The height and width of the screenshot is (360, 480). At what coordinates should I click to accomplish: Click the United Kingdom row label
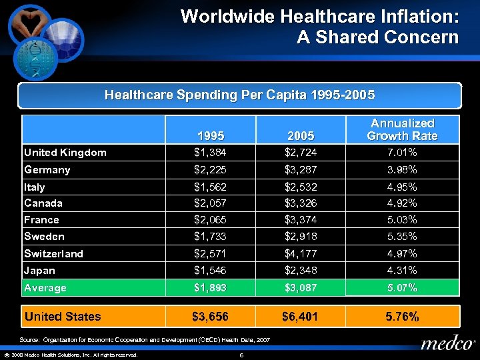(x=65, y=153)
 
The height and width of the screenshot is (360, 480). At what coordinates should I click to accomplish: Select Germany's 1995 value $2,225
(x=210, y=169)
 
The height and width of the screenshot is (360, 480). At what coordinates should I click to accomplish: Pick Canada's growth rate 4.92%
(x=402, y=203)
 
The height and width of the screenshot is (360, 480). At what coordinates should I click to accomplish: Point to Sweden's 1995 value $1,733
(x=210, y=237)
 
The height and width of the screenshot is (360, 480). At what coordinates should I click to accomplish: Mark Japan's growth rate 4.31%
(x=402, y=271)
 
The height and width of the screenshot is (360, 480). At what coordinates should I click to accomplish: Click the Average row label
(x=45, y=288)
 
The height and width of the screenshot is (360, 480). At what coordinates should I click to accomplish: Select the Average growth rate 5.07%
(x=402, y=288)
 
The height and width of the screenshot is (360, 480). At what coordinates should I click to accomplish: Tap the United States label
(x=63, y=317)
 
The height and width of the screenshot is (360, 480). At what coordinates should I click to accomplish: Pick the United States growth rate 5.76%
(x=402, y=317)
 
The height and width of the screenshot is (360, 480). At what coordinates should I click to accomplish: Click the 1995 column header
(x=210, y=136)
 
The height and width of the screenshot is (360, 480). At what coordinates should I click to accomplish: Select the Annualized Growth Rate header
(x=402, y=129)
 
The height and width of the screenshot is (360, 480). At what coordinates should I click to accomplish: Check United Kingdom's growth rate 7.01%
(x=402, y=153)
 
